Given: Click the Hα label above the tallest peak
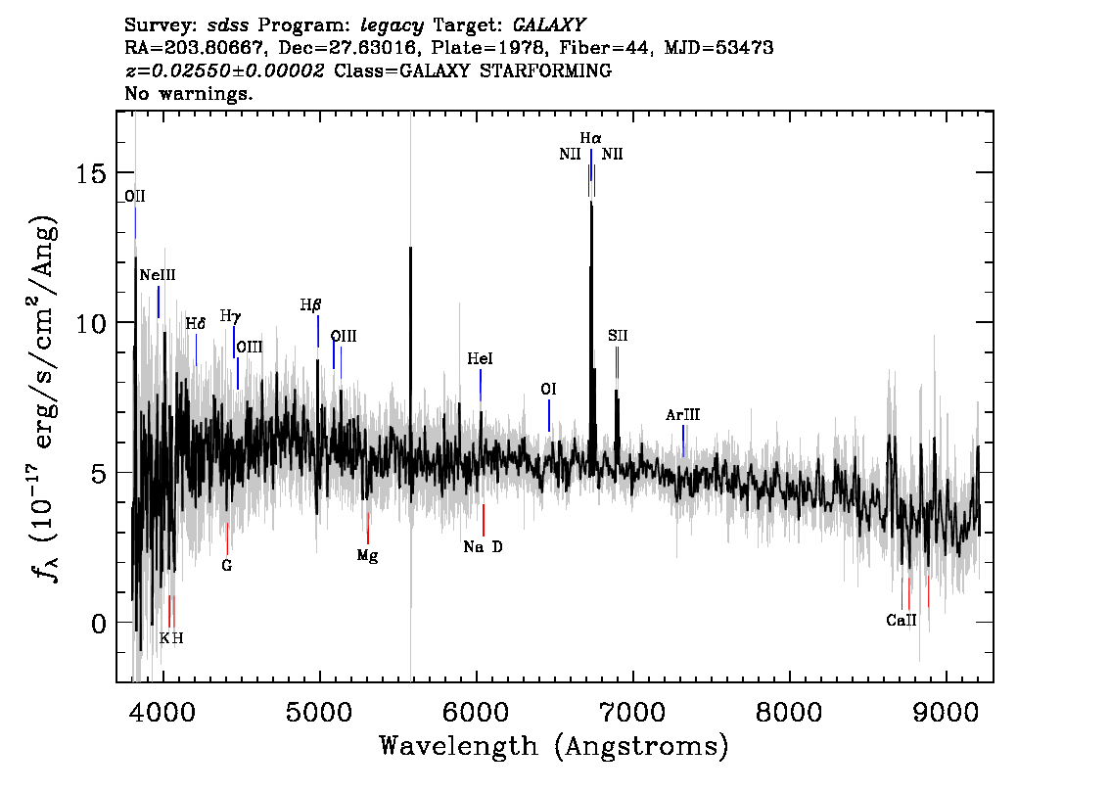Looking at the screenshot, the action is coord(590,138).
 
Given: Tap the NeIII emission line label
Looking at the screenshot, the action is coord(158,275).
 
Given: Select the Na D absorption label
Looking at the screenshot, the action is coord(483,546).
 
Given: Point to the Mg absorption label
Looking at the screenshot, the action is coord(367,556).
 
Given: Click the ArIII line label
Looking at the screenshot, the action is coord(682,415).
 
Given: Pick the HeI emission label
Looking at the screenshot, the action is coord(480,359).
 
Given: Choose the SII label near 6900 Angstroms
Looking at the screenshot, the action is coord(618,336).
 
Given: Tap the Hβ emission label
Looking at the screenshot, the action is coord(310,305).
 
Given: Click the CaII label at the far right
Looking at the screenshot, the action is coord(902,621).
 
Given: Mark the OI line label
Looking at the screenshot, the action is coord(548,390).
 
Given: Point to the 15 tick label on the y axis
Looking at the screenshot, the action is coord(91,172).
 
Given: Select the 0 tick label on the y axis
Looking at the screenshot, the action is coord(99,623).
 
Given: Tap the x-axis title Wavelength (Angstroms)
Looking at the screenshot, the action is coord(554,746).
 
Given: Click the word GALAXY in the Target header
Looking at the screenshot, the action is coord(548,25).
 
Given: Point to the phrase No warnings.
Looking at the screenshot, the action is coord(188,93).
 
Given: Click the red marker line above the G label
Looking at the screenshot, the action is coord(227,538).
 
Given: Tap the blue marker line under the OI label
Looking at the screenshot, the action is coord(548,416).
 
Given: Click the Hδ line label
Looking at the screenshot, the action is coord(196,324).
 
